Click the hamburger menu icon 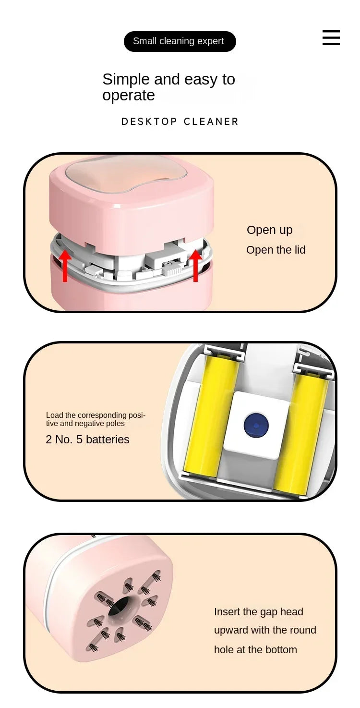click(x=331, y=37)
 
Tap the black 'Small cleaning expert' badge click(x=180, y=41)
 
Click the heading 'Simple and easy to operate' click(x=168, y=87)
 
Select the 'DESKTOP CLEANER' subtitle click(x=180, y=122)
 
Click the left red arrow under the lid click(x=65, y=266)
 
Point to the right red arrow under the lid click(x=195, y=266)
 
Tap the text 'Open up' click(x=269, y=230)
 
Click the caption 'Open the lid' click(x=276, y=250)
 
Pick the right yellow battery click(x=300, y=427)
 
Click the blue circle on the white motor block click(x=256, y=425)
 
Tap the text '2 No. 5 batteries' click(x=87, y=439)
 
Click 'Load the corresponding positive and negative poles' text click(x=95, y=419)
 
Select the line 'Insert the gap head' click(x=258, y=611)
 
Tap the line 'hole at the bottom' click(x=255, y=649)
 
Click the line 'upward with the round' click(x=265, y=630)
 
